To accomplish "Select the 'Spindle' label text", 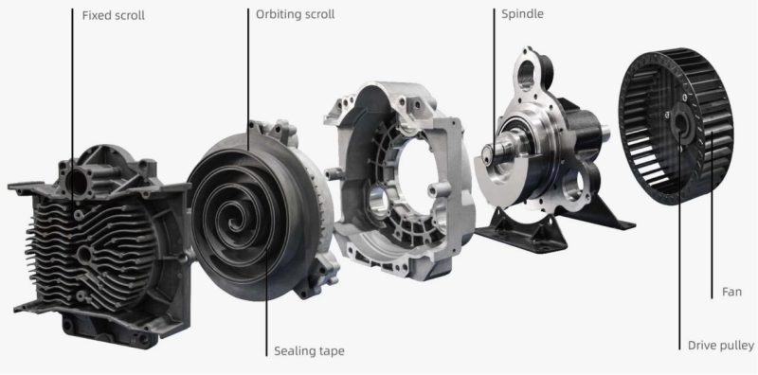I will [524, 15].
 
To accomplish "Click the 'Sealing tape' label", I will [308, 351].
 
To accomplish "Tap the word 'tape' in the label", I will [331, 351].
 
